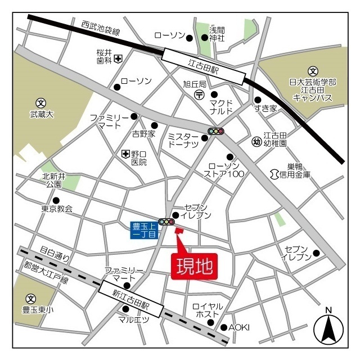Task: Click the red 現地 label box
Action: pyautogui.click(x=193, y=266)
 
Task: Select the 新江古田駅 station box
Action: pyautogui.click(x=130, y=298)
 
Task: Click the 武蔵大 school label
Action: pyautogui.click(x=41, y=114)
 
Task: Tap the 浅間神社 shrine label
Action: pyautogui.click(x=217, y=34)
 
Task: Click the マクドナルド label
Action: pyautogui.click(x=221, y=107)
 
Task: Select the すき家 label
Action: pyautogui.click(x=265, y=109)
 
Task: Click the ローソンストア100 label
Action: pyautogui.click(x=224, y=169)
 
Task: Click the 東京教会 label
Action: pyautogui.click(x=57, y=209)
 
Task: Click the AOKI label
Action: pyautogui.click(x=238, y=327)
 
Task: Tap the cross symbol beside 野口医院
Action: pyautogui.click(x=125, y=154)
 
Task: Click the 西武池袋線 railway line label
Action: pyautogui.click(x=101, y=28)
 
